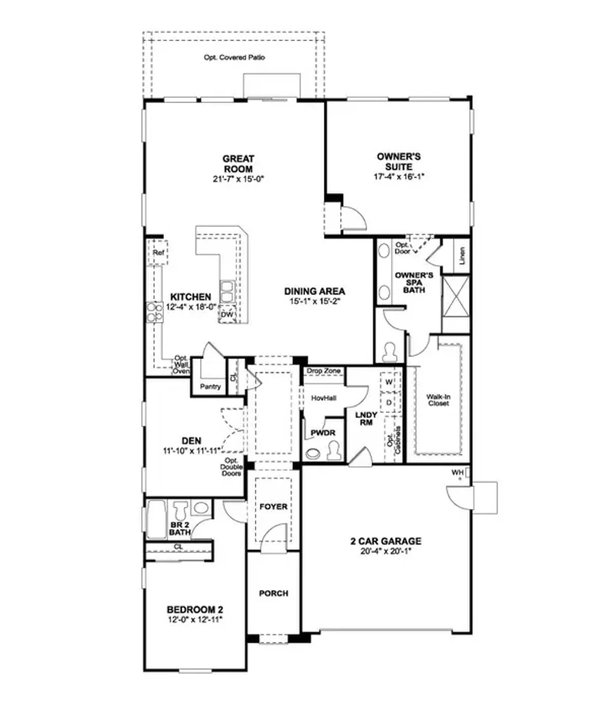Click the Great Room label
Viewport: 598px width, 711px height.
238,164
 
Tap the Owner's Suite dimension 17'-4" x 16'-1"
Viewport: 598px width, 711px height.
399,177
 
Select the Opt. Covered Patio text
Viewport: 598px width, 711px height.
234,57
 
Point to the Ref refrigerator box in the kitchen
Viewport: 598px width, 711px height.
158,253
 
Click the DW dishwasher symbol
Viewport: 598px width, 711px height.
227,314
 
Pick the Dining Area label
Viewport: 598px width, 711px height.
314,292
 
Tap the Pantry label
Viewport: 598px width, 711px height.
210,386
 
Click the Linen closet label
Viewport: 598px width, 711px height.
462,255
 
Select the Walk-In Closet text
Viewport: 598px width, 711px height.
438,400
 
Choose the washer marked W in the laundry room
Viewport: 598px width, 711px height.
389,382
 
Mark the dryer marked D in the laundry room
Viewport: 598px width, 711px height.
389,402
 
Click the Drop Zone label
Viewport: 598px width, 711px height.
324,371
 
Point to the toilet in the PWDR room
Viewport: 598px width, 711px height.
335,450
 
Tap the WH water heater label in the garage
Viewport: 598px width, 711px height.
457,473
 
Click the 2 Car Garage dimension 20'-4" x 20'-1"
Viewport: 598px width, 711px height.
386,551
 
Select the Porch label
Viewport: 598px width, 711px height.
273,593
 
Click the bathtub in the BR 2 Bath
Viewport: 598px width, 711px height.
156,520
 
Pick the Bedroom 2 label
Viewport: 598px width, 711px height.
195,610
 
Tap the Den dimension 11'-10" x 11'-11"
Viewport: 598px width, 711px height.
191,451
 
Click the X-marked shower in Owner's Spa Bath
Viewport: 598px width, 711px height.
455,297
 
